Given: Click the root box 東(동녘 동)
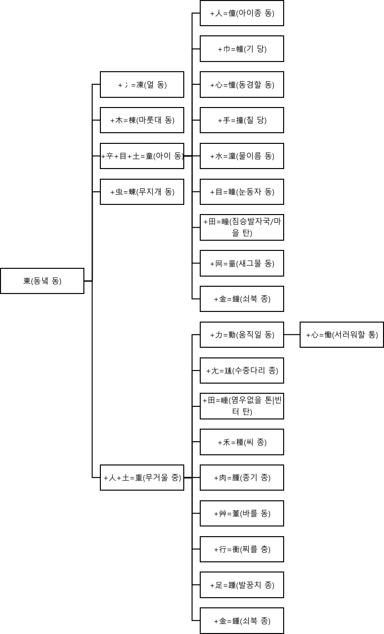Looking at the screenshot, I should coord(42,281).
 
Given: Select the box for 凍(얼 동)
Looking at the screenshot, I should coord(142,85).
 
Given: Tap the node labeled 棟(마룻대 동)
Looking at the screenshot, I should coord(142,120).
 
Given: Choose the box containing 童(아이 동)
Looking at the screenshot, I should coord(142,156).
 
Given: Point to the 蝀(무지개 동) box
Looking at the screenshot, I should coord(142,192).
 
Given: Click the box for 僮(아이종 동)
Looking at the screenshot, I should coord(242,13).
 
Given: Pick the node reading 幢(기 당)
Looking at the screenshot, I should coord(242,49).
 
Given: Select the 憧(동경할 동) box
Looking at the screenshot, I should coord(242,85).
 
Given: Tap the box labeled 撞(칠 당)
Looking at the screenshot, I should coord(242,120).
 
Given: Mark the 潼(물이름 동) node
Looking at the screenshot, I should coord(242,156).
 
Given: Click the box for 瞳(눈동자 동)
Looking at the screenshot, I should coord(242,192).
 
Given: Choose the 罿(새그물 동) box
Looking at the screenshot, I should coord(242,263).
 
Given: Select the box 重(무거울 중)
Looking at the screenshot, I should coord(142,478).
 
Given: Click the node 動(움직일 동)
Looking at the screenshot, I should coord(242,335).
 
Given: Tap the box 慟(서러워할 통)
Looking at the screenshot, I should coord(342,335).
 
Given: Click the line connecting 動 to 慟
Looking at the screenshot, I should coord(292,335).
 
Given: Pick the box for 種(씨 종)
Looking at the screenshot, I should coord(242,442).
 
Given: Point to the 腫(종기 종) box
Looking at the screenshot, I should coord(242,478).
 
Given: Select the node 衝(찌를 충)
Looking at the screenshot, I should coord(242,549).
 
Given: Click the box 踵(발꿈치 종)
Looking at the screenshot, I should coord(242,585).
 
